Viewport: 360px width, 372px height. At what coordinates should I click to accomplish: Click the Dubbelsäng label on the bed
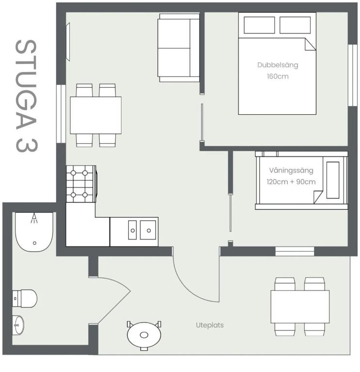tap(278, 65)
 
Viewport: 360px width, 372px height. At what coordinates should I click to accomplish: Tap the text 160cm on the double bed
tap(278, 77)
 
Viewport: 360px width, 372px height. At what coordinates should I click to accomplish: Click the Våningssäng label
tap(291, 170)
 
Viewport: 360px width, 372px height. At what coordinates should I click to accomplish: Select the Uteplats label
tap(210, 325)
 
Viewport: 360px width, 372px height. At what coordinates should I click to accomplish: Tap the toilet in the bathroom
tap(25, 298)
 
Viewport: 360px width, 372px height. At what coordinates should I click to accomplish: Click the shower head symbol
tap(34, 218)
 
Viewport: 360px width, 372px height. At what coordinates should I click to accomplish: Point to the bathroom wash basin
tap(18, 325)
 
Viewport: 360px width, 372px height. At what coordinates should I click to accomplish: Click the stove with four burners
tap(81, 184)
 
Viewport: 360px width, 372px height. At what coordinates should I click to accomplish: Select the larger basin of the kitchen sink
tap(148, 230)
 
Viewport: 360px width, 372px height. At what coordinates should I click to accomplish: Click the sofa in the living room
tap(179, 47)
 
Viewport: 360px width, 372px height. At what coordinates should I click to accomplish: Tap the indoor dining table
tap(95, 115)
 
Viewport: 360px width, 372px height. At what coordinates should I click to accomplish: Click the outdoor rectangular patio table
tap(300, 307)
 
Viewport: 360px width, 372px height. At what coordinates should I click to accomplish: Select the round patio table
tap(144, 335)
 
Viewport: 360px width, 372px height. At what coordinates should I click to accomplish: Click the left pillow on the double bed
tap(259, 25)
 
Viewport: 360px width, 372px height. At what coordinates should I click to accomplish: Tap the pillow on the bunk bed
tap(333, 180)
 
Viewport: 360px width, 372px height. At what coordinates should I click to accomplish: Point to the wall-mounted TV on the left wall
tap(68, 42)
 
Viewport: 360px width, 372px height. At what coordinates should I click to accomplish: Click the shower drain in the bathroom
tap(35, 243)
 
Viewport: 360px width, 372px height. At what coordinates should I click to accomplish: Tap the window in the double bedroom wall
tap(353, 75)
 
